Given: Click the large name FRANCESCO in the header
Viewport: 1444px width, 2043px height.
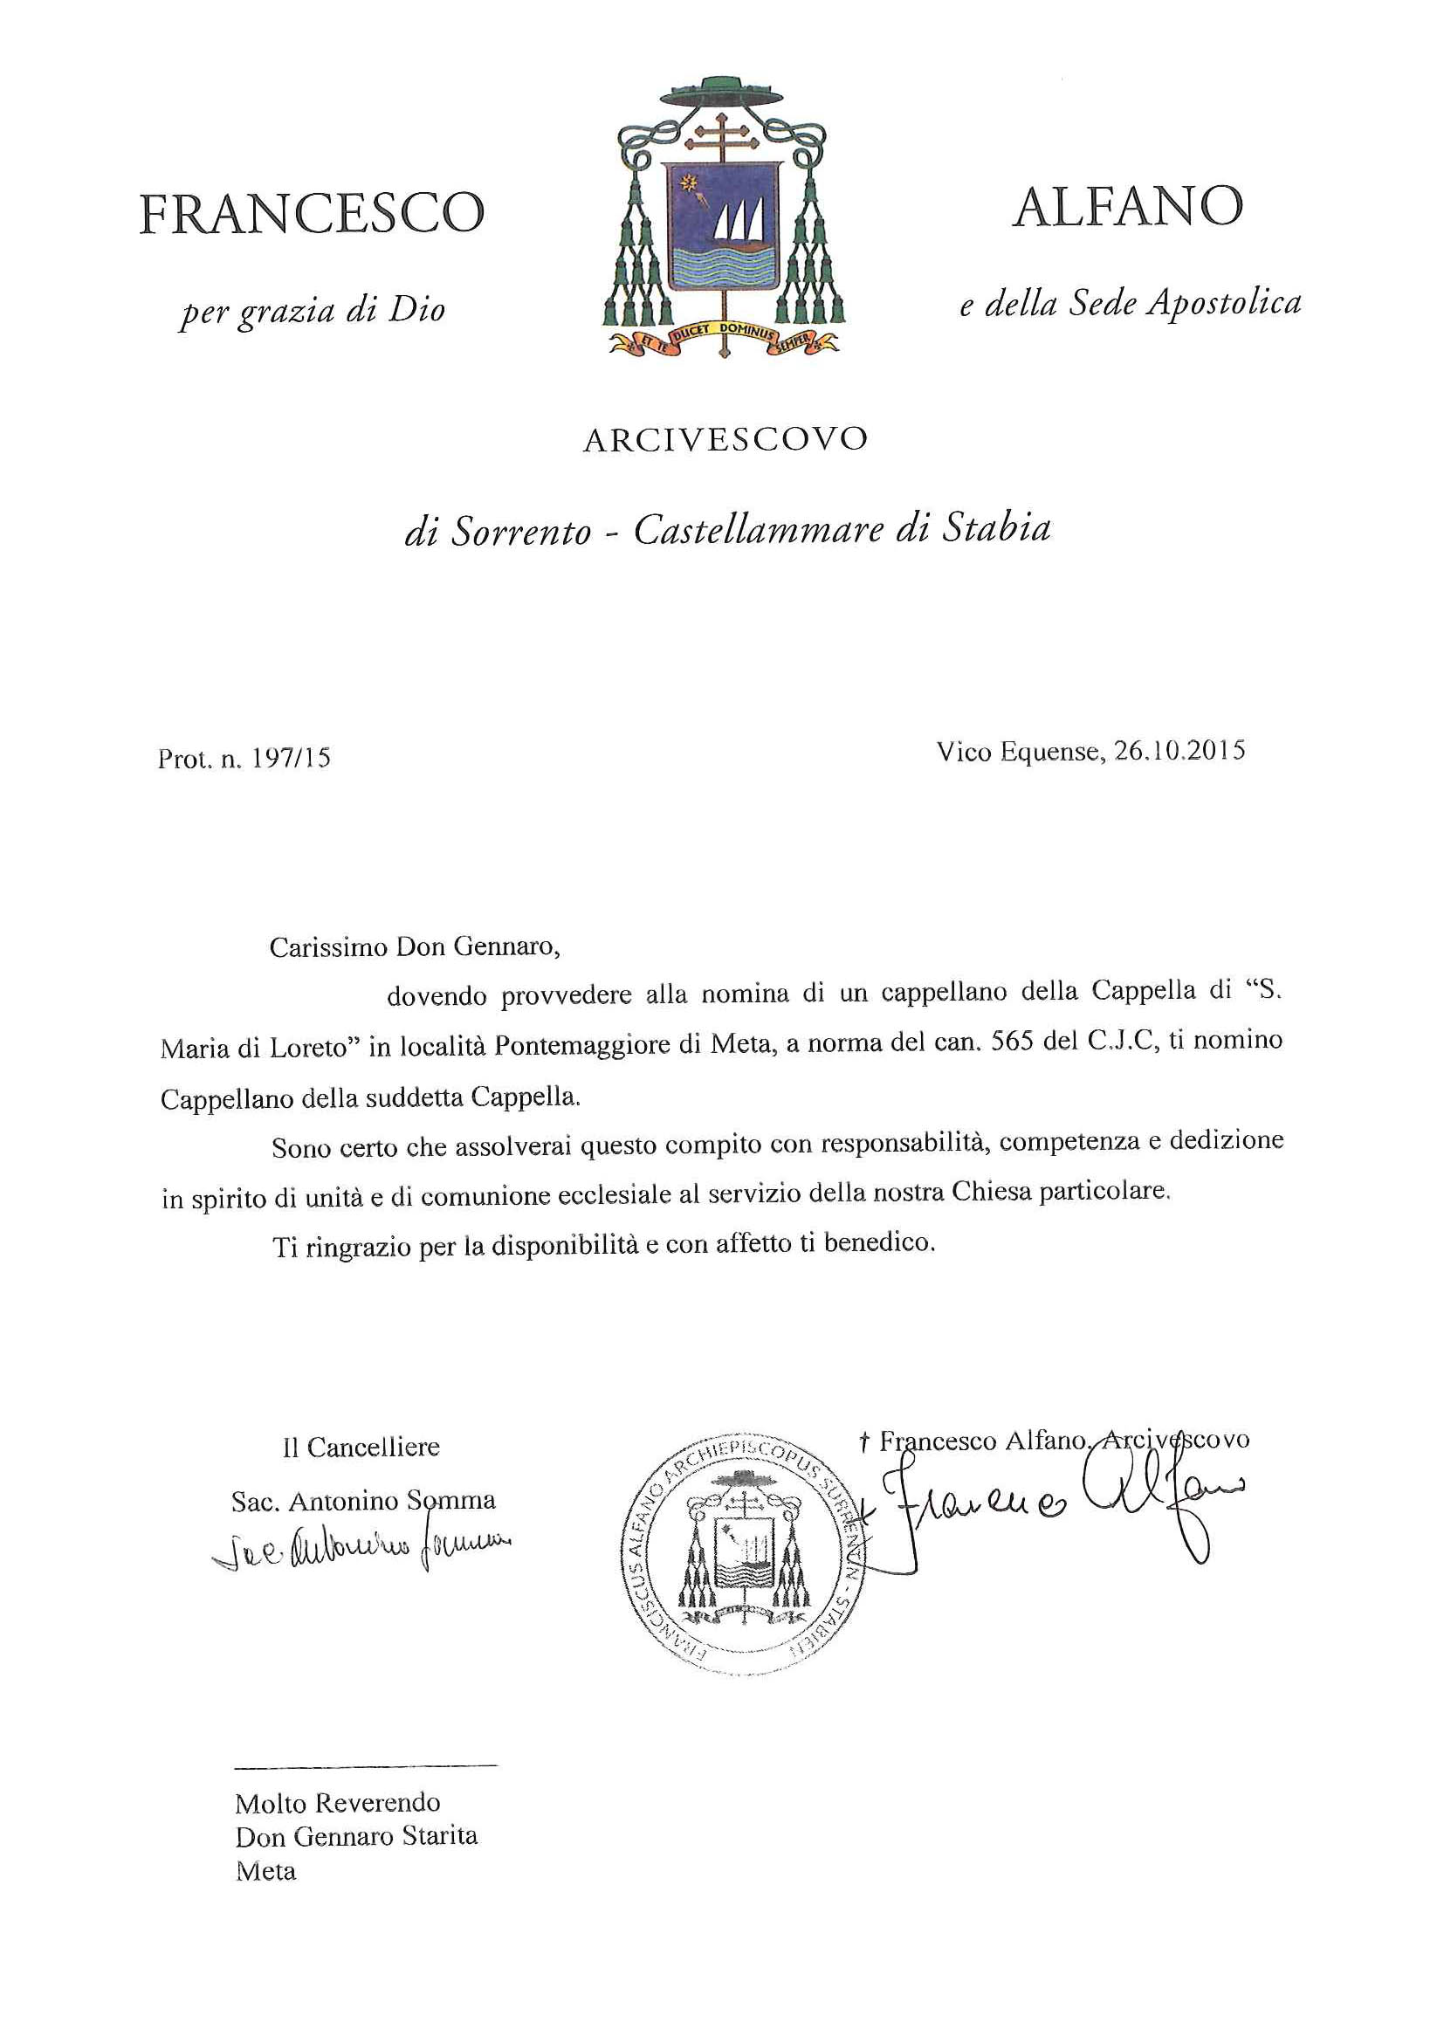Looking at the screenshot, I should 312,214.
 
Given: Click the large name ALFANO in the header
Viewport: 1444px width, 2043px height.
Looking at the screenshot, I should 1127,206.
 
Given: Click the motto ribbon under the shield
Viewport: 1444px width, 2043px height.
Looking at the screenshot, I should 723,339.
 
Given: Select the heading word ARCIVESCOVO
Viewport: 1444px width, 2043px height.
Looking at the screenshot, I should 725,439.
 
